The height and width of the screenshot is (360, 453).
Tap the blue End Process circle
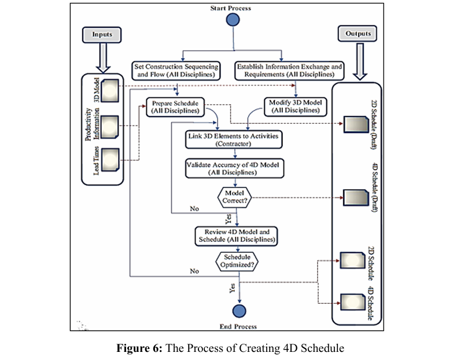pos(238,310)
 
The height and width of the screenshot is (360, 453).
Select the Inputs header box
pos(102,35)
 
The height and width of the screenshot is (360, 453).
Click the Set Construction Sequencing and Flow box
pos(175,71)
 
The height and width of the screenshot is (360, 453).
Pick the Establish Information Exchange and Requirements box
pos(290,71)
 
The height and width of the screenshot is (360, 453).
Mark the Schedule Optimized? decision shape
pos(237,260)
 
